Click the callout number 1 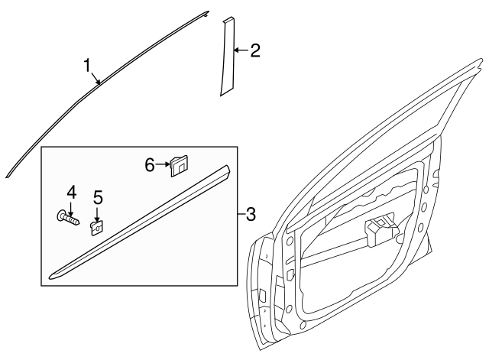click(89, 64)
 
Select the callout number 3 click(251, 213)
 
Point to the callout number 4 click(71, 191)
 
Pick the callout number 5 click(98, 198)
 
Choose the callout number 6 click(151, 164)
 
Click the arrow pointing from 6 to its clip click(164, 164)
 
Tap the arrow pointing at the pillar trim click(241, 51)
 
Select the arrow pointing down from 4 click(71, 206)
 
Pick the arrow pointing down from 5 click(98, 213)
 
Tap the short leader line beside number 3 click(241, 213)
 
